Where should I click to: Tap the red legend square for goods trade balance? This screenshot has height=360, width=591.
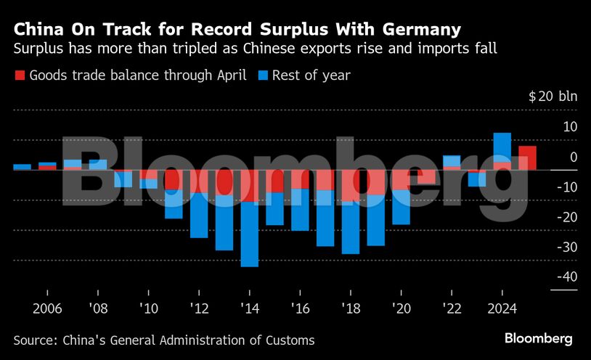pos(20,75)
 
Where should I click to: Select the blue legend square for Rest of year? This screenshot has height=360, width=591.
pos(263,75)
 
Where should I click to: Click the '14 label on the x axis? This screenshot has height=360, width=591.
pos(250,308)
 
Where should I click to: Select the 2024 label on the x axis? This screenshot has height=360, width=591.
pos(502,308)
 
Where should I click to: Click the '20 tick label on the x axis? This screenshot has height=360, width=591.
pos(401,308)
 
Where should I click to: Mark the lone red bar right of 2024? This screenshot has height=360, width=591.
pos(528,158)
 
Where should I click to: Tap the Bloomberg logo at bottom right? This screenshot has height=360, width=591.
pos(539,339)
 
